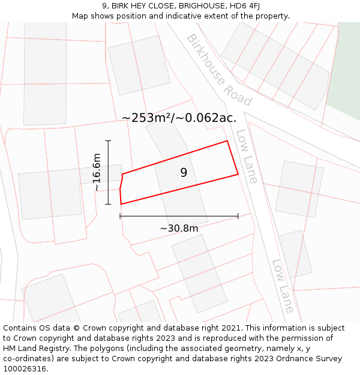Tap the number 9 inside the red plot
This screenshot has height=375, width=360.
tap(184, 173)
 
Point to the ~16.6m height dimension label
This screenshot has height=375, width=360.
tap(97, 172)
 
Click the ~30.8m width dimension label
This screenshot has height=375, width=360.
tap(179, 228)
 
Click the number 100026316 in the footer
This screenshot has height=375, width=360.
tap(24, 368)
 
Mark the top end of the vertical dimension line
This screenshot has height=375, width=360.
tap(108, 140)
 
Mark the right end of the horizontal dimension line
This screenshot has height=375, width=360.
tap(238, 216)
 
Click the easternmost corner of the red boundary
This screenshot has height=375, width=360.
tap(238, 175)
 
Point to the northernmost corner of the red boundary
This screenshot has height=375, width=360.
tap(227, 141)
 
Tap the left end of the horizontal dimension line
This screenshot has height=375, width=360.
tap(120, 216)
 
